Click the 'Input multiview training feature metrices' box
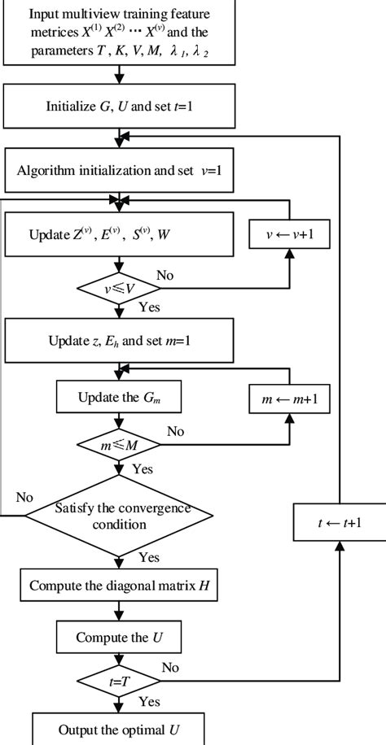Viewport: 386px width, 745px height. [120, 33]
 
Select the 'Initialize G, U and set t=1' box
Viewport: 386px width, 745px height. [120, 103]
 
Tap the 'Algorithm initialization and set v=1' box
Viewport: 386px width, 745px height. [120, 172]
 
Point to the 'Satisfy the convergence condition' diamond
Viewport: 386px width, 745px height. [120, 516]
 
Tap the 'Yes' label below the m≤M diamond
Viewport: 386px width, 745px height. [142, 469]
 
